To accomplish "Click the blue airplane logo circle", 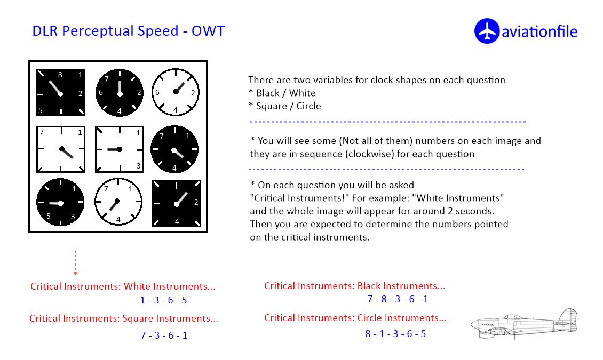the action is click(487, 31).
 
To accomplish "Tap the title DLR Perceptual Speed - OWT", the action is click(129, 31).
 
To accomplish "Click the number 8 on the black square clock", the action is click(60, 75).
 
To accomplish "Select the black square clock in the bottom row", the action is click(177, 203).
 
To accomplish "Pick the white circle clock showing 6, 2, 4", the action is click(176, 92).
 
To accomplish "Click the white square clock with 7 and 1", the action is click(61, 149).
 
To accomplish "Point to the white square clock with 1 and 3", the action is click(120, 149).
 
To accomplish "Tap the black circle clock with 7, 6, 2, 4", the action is click(119, 93).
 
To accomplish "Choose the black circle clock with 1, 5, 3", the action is click(60, 202).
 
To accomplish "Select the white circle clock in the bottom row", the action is click(118, 202).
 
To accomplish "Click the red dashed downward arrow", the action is click(75, 263).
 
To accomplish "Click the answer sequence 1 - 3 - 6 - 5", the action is click(163, 300).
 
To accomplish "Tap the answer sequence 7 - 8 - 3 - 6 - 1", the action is click(398, 299).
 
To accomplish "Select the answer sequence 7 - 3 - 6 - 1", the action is click(164, 335).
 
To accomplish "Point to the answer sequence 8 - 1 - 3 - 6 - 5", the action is click(396, 333).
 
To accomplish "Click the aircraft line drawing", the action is click(524, 324).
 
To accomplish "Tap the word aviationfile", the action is click(539, 31).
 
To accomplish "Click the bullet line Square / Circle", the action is click(284, 106).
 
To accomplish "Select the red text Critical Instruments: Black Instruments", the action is click(354, 286).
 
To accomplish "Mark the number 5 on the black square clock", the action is click(41, 110).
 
